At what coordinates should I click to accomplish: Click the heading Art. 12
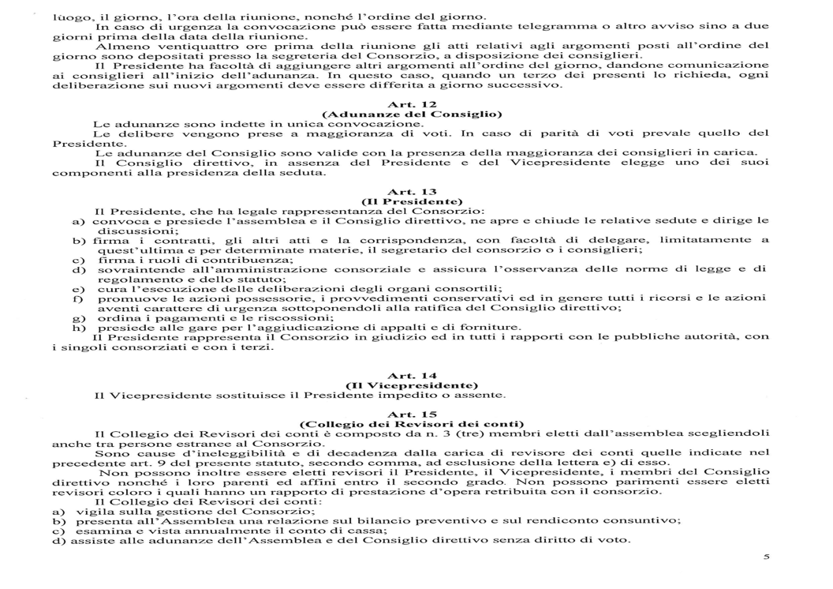(x=408, y=104)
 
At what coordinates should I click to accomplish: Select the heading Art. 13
(x=408, y=191)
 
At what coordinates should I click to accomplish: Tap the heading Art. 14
(x=408, y=376)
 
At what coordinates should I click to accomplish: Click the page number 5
(x=765, y=557)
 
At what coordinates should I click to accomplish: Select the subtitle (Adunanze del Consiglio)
(x=408, y=114)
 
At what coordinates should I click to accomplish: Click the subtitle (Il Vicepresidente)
(x=408, y=385)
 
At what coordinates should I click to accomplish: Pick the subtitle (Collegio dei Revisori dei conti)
(x=408, y=423)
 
